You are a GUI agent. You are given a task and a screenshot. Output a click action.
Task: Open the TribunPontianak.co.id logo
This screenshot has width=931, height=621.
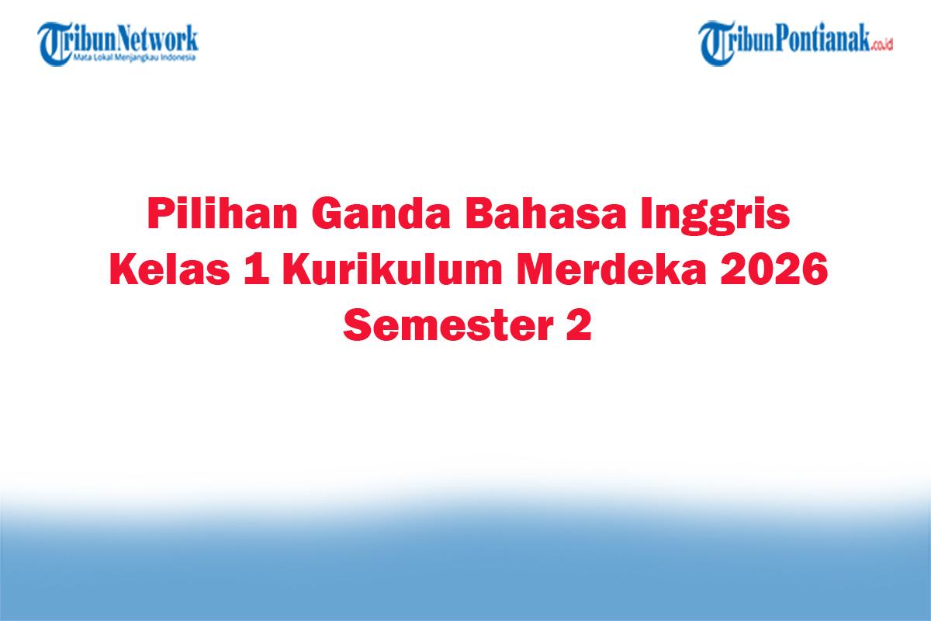click(796, 43)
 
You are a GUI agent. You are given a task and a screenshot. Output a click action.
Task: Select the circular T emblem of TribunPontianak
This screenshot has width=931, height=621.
click(717, 43)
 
